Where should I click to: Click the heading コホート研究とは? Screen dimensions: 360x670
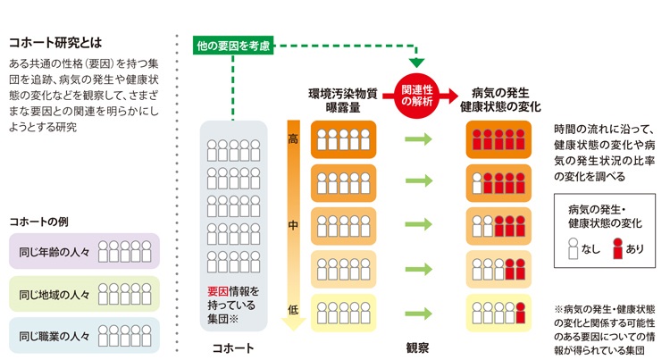(x=52, y=42)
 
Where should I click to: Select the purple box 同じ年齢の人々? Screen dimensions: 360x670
(x=83, y=252)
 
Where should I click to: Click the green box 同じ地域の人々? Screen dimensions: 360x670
(x=83, y=293)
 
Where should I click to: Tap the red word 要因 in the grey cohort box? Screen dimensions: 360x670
(x=217, y=291)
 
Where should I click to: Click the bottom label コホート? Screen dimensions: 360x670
(x=234, y=348)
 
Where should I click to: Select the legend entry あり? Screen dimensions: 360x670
(x=624, y=249)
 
